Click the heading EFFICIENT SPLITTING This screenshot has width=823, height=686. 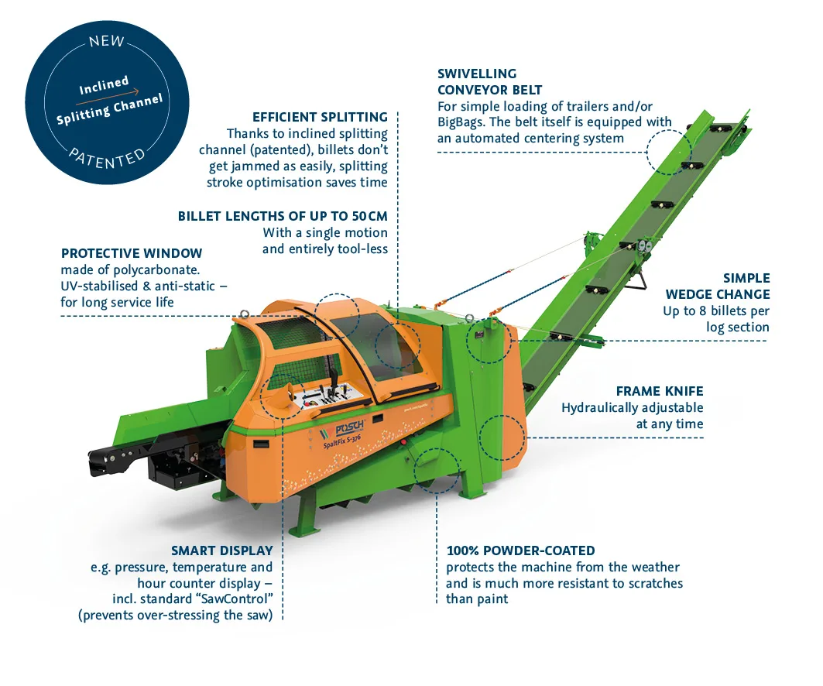click(320, 117)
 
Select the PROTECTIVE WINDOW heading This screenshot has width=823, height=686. click(131, 253)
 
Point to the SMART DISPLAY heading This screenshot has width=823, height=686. click(222, 551)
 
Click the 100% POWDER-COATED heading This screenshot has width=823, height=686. click(521, 551)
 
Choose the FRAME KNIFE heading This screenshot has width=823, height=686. click(660, 391)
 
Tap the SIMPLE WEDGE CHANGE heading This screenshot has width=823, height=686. click(718, 286)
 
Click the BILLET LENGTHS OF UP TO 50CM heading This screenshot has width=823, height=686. click(283, 216)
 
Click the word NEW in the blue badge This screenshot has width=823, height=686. click(107, 42)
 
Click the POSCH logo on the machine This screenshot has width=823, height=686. click(348, 429)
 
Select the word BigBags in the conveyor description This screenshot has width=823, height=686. click(459, 122)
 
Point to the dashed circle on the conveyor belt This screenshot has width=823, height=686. click(669, 153)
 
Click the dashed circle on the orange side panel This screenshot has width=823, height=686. click(502, 437)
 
